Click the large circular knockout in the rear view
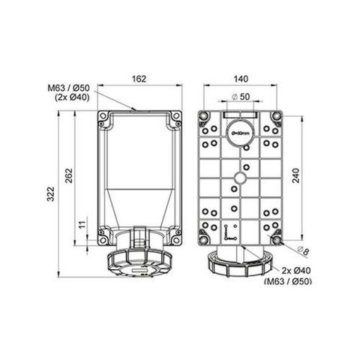coord(241,131)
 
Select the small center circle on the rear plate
coord(241,178)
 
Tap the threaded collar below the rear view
coord(241,264)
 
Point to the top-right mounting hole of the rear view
coord(277,116)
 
